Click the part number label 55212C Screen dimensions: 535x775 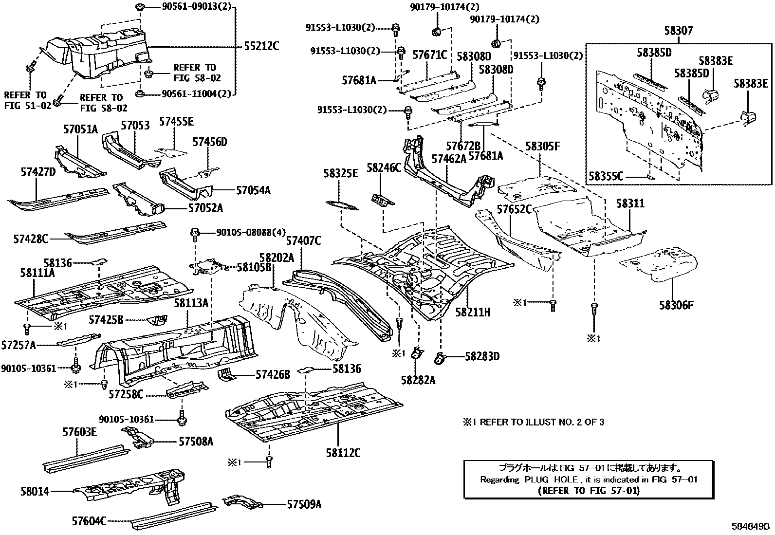tap(261, 46)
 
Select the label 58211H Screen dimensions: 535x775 tap(473, 312)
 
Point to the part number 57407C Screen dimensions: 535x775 tap(303, 240)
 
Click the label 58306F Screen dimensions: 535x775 tap(676, 305)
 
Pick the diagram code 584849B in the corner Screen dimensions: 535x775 tap(751, 526)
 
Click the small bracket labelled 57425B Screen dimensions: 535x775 tap(157, 320)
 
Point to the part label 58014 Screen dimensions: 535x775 tap(35, 491)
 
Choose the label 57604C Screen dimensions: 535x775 tap(89, 521)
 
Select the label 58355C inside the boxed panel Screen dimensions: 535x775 tap(606, 176)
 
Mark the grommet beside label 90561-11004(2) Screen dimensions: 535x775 tap(140, 93)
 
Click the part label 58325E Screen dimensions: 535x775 tap(341, 173)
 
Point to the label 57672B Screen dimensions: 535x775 tap(463, 146)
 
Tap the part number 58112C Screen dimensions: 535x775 tap(343, 453)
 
